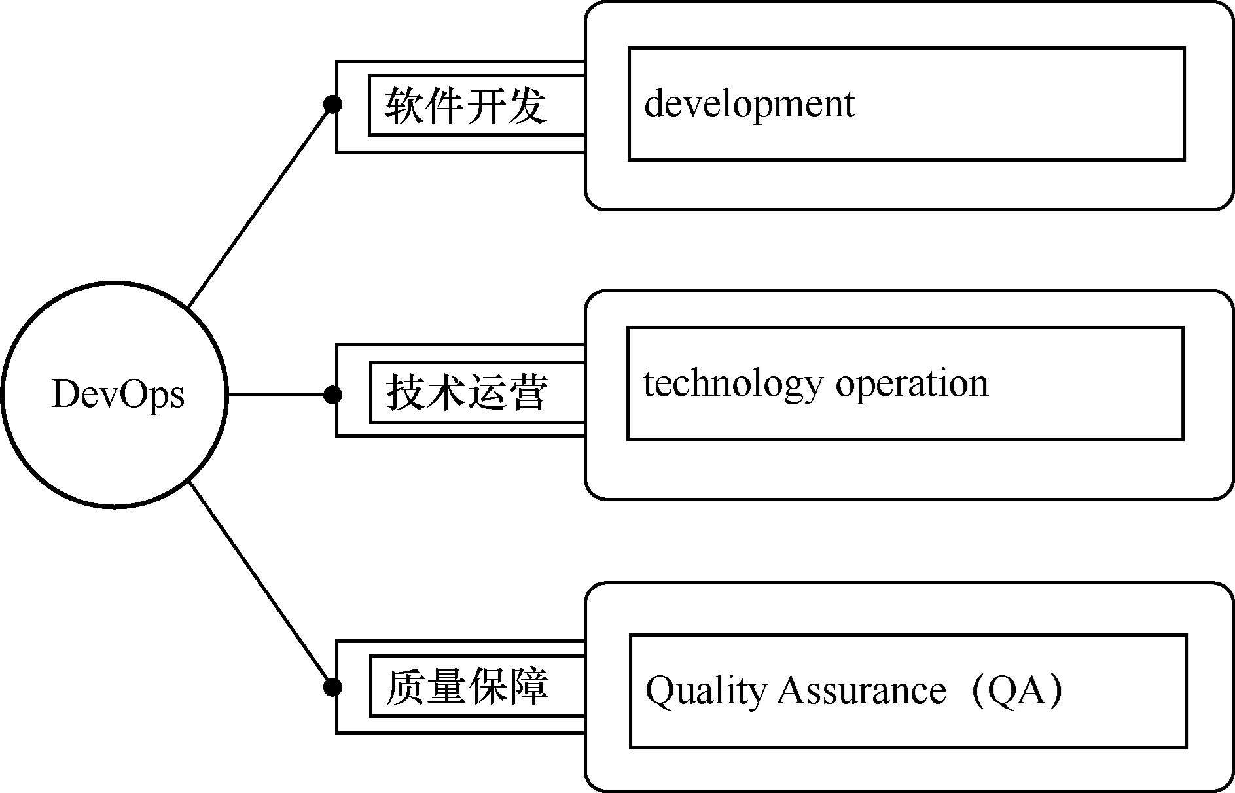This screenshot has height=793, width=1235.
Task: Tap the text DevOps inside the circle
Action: coord(118,395)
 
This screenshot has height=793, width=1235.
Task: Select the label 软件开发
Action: coord(465,105)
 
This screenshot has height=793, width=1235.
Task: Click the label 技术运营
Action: coord(467,393)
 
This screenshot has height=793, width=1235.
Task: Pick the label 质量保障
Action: coord(467,686)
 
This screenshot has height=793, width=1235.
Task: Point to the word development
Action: coord(749,105)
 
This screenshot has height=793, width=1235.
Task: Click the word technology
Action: coord(732,385)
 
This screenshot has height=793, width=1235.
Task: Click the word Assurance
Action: coord(861,691)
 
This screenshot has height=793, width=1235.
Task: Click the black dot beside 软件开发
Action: coord(332,105)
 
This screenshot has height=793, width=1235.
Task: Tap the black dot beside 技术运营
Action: coord(332,395)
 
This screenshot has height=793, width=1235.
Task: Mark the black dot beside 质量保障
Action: coord(332,687)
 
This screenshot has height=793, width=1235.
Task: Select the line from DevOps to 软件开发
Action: coord(260,206)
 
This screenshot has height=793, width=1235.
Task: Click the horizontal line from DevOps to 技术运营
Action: coord(280,395)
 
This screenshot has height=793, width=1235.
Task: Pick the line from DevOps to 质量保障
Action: coord(260,584)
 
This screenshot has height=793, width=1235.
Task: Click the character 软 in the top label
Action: coord(404,105)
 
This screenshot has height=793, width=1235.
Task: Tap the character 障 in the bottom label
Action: coord(528,686)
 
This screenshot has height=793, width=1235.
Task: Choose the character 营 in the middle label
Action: coord(528,393)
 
